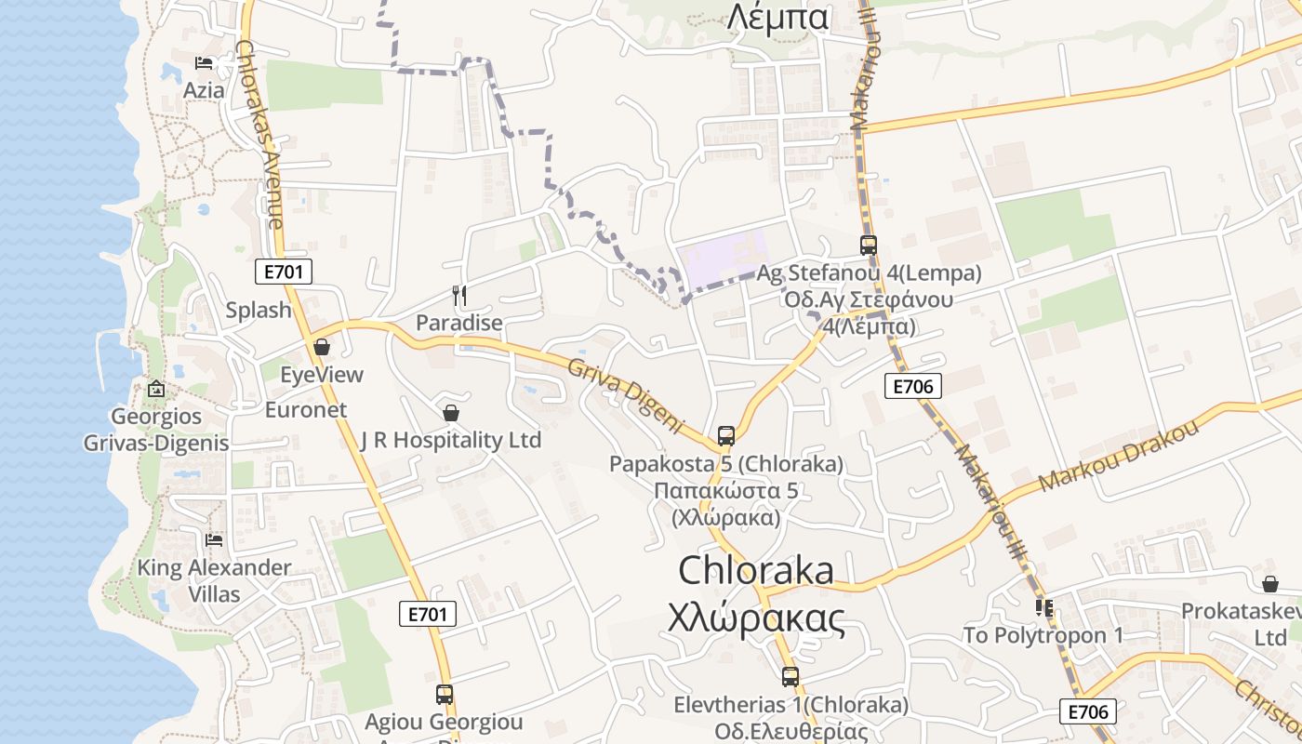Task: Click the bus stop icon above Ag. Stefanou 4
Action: tap(868, 246)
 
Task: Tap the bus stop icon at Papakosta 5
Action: tap(726, 435)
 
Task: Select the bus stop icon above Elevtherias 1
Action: tap(790, 677)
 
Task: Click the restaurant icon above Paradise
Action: tap(458, 296)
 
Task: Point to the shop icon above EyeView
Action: tap(322, 347)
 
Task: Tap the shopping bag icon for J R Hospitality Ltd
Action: tap(451, 412)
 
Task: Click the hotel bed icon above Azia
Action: tap(204, 63)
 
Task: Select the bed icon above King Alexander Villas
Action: tap(214, 539)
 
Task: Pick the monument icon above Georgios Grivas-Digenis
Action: tap(156, 388)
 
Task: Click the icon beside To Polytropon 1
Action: tap(1043, 608)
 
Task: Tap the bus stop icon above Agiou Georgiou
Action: tap(445, 694)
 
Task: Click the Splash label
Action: tap(259, 310)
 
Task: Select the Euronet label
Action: tap(306, 409)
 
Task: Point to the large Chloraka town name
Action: tap(756, 570)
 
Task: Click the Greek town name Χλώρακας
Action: tap(757, 618)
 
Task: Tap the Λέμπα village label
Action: tap(777, 17)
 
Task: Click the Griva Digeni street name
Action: tap(626, 394)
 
